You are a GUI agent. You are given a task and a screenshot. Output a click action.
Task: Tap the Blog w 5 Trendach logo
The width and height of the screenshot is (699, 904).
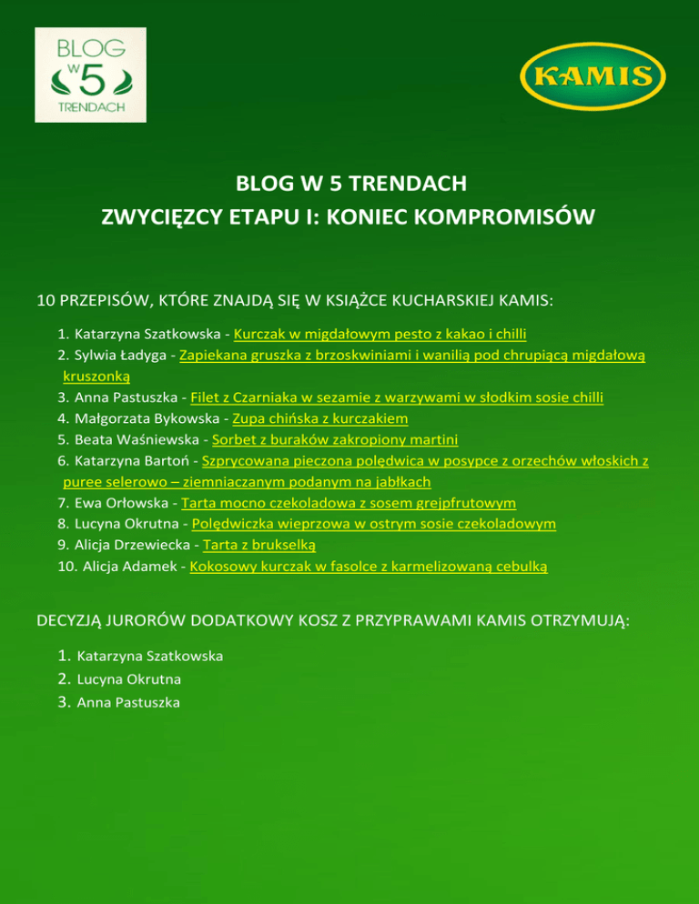tap(90, 75)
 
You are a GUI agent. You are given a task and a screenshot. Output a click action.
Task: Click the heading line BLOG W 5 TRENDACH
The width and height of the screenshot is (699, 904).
tap(350, 186)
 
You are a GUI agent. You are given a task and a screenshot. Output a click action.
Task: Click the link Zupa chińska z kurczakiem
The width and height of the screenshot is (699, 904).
tap(320, 418)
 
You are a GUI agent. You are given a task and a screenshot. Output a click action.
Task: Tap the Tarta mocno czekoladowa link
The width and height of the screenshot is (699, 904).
tap(349, 503)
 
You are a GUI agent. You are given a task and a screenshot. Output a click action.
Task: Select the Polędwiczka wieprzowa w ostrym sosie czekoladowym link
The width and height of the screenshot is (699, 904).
tap(375, 524)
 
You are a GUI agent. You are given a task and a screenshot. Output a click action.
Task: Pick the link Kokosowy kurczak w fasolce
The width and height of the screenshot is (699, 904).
tap(370, 566)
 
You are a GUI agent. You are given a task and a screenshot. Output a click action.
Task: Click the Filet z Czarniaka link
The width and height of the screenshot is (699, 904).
tap(397, 397)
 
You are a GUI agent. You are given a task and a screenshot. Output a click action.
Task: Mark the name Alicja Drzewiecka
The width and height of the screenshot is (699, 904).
tap(134, 545)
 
